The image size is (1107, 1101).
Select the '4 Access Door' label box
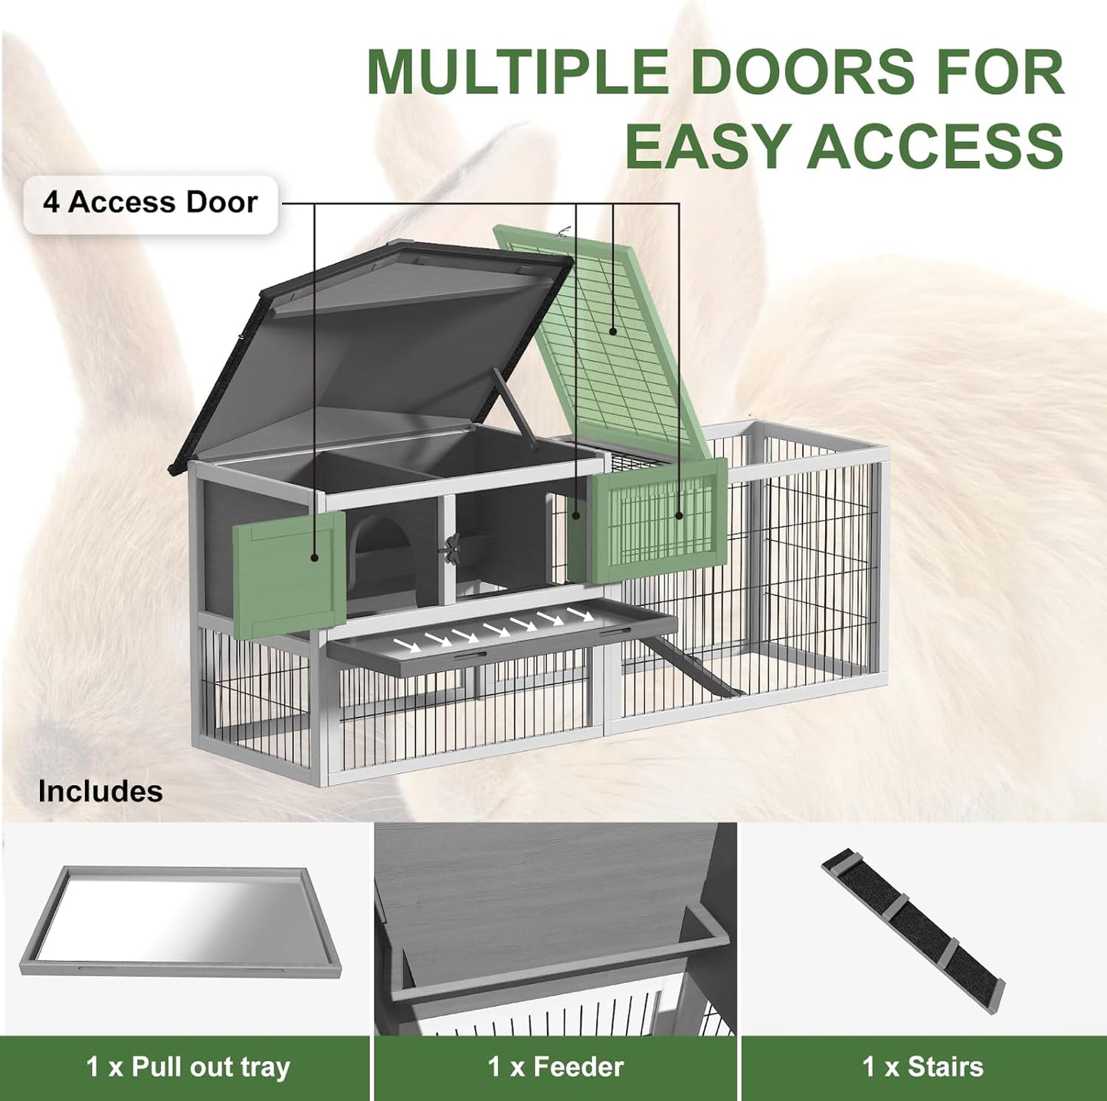click(150, 204)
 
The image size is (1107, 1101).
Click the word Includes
click(100, 791)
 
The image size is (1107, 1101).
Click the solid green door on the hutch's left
click(289, 575)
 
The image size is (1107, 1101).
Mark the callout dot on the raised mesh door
click(613, 331)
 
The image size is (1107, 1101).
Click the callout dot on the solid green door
click(314, 557)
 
